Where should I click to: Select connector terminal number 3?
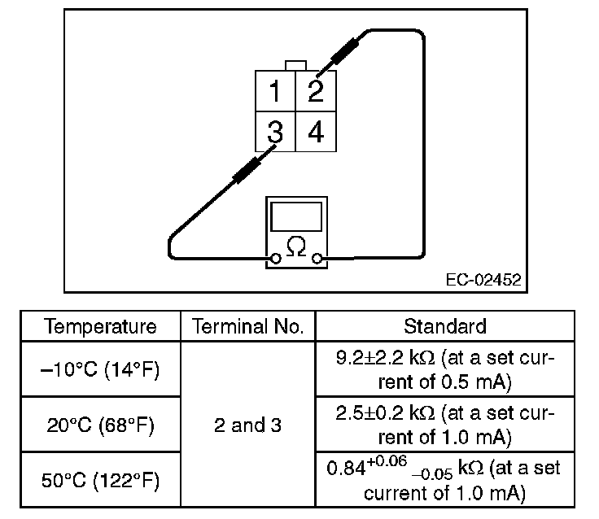point(275,131)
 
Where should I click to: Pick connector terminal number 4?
point(316,131)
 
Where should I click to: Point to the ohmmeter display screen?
point(296,216)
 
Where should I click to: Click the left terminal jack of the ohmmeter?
point(276,259)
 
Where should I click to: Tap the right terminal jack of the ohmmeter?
point(318,259)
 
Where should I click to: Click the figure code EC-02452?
point(483,280)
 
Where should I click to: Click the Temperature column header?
point(101,327)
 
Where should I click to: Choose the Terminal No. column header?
point(247,327)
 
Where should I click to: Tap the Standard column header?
point(444,327)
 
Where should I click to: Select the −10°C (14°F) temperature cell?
point(101,369)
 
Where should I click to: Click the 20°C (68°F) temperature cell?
point(101,425)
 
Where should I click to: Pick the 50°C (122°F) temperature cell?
point(101,480)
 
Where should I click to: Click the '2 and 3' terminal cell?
point(247,425)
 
